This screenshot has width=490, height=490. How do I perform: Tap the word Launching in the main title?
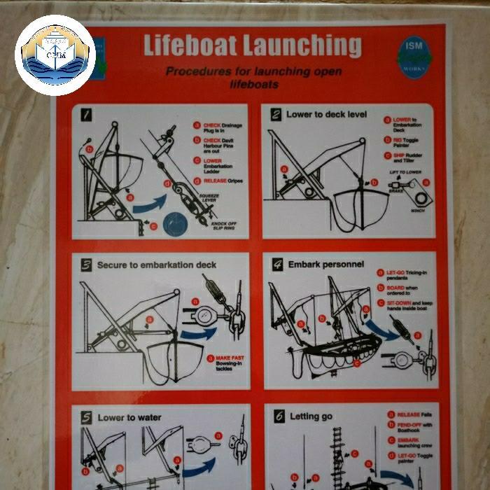(x=302, y=45)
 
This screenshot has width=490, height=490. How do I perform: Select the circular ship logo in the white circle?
(x=55, y=55)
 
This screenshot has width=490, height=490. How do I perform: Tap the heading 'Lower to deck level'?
(x=326, y=114)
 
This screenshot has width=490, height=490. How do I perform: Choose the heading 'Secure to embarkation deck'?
(x=156, y=265)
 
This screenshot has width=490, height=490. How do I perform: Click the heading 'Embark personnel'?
(x=326, y=265)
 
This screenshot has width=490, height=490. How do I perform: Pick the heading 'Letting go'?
(x=311, y=416)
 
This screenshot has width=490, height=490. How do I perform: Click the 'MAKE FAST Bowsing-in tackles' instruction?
(x=230, y=362)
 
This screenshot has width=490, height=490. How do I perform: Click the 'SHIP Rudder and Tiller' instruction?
(x=408, y=157)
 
